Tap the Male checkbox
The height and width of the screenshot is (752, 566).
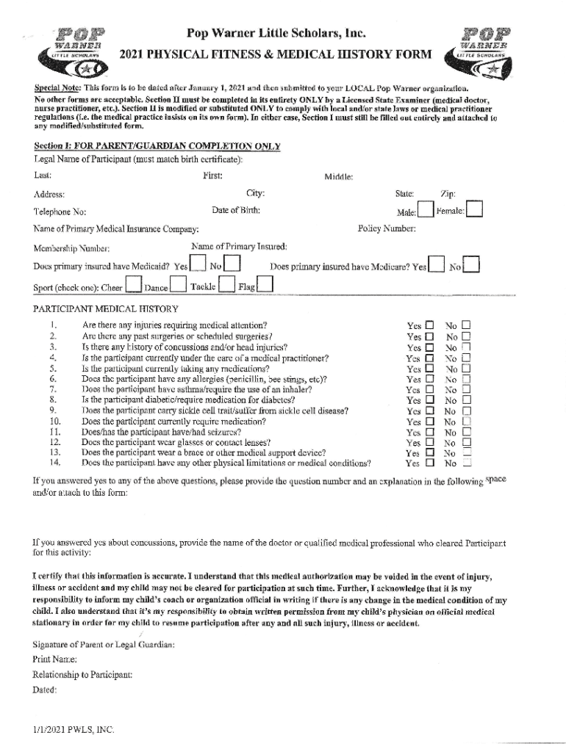point(426,211)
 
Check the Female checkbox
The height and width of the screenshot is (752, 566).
point(475,211)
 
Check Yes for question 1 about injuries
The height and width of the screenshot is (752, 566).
point(430,325)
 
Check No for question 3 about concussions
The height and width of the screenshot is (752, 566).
point(465,347)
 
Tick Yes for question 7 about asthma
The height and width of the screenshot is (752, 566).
point(430,390)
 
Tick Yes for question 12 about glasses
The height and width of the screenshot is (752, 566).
point(430,444)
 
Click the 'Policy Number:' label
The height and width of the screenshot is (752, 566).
point(386,228)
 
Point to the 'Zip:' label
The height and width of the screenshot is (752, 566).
point(448,194)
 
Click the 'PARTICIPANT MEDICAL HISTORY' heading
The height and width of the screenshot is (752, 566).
point(106,308)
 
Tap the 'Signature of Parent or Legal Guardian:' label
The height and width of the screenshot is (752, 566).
point(103,644)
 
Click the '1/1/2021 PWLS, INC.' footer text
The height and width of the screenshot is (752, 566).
point(74,730)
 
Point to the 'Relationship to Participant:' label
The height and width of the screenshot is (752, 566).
point(82,674)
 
